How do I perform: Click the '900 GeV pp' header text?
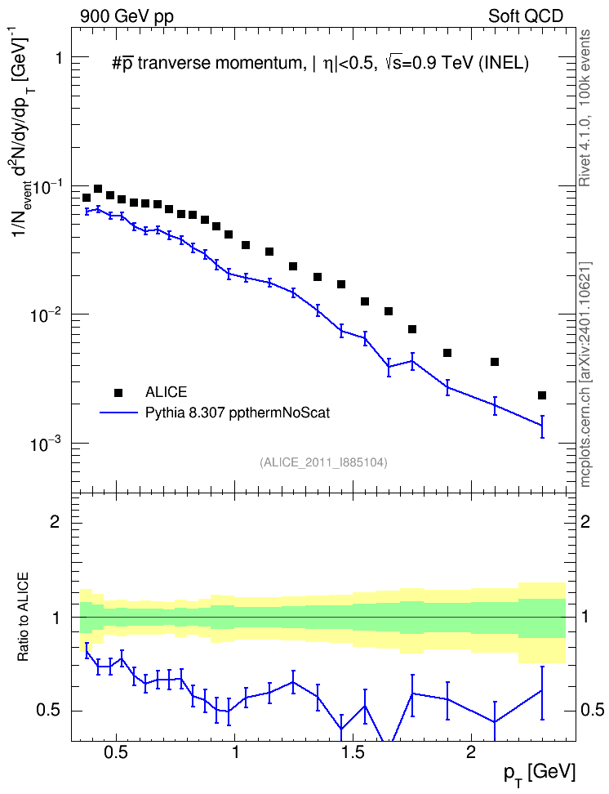tap(127, 16)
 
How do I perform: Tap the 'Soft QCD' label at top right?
tap(526, 16)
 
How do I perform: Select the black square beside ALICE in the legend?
tap(118, 392)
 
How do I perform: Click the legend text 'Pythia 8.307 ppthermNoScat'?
tap(238, 413)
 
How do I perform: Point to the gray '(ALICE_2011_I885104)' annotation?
tap(323, 462)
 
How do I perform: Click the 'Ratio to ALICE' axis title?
tap(23, 617)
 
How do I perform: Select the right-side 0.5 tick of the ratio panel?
tap(592, 710)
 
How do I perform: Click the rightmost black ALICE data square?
tap(542, 395)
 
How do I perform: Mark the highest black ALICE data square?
tap(98, 189)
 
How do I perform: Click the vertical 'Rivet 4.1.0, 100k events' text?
tap(585, 108)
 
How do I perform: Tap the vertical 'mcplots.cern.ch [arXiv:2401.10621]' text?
tap(585, 374)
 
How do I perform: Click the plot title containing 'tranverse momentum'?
tap(320, 63)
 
